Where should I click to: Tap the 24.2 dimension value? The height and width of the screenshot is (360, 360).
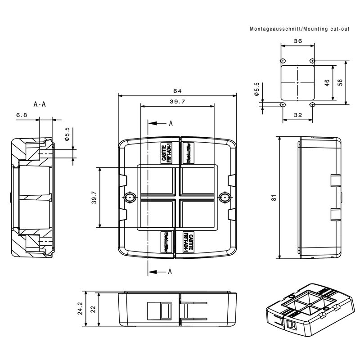[80, 309]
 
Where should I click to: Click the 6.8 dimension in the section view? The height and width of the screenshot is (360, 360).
[22, 116]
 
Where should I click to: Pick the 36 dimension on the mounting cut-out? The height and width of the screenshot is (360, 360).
[297, 40]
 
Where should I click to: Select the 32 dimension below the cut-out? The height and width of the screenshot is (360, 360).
[297, 115]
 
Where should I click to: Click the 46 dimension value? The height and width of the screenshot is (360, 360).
[327, 83]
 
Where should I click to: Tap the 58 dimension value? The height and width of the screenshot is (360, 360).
[341, 83]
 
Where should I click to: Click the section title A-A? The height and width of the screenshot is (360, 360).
[40, 104]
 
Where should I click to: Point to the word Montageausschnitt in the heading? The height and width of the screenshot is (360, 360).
[275, 28]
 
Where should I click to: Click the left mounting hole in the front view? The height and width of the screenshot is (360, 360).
[130, 198]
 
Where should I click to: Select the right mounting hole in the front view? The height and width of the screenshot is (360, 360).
[224, 198]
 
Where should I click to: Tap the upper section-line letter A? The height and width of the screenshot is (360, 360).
[171, 123]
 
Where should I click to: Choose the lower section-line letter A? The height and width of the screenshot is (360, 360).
[170, 271]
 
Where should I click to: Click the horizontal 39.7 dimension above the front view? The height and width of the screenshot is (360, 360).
[177, 102]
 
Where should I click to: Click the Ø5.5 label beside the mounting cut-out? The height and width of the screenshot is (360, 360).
[256, 90]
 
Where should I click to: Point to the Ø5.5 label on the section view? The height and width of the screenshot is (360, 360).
[67, 135]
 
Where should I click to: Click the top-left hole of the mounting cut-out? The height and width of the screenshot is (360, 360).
[282, 61]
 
